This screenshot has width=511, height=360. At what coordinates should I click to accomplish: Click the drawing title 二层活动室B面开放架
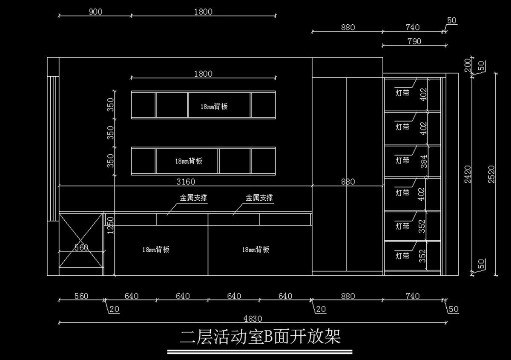[260, 337]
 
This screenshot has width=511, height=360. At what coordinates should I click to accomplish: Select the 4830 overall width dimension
[253, 318]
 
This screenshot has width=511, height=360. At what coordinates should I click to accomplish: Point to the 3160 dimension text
[186, 181]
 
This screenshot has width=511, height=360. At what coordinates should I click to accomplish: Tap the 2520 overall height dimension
[491, 174]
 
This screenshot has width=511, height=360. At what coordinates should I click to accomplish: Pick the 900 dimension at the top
[95, 12]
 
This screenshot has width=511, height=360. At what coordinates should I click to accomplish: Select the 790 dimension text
[414, 41]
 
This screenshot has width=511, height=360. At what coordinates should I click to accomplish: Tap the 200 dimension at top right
[468, 64]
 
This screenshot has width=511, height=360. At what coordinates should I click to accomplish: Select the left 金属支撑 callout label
[193, 198]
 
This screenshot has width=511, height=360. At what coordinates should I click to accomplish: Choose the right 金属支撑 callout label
[259, 198]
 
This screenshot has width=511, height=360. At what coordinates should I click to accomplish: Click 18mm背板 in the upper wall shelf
[214, 107]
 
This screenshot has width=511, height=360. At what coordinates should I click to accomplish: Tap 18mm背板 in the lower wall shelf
[189, 161]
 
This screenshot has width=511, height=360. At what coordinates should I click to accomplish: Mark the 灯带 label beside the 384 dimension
[402, 160]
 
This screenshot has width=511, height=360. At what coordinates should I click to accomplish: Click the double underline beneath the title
[260, 352]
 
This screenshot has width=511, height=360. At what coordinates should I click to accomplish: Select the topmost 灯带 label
[402, 93]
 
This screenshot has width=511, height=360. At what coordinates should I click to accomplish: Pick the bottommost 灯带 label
[402, 256]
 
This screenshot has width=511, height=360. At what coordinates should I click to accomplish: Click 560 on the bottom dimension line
[81, 296]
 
